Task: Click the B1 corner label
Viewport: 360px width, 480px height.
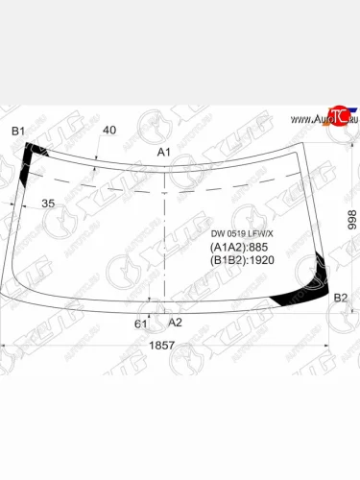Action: [18, 131]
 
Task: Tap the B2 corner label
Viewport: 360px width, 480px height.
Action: [341, 300]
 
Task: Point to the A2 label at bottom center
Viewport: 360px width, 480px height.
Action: [175, 323]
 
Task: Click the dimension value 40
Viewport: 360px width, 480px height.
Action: [109, 130]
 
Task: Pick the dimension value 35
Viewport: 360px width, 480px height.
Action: [48, 204]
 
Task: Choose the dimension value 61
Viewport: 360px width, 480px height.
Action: [141, 324]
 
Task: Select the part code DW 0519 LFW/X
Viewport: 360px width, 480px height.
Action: [242, 233]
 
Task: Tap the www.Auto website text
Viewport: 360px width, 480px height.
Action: [306, 119]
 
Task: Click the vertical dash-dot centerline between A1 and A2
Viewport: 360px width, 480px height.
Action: [167, 240]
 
